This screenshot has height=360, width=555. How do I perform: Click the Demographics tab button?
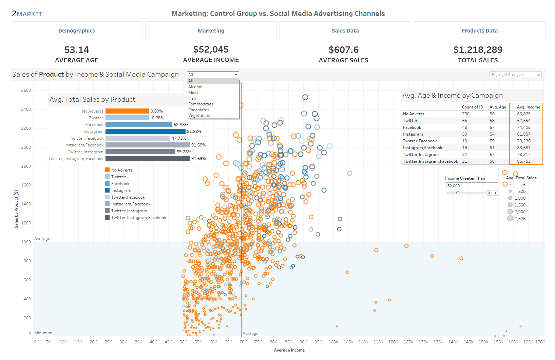click(77, 31)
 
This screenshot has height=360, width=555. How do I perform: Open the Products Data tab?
click(479, 31)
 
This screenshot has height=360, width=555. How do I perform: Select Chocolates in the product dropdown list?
click(199, 110)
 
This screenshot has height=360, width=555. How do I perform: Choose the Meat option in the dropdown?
click(193, 93)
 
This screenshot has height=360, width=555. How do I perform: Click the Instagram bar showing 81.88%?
click(145, 132)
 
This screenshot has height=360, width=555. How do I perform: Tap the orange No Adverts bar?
click(127, 111)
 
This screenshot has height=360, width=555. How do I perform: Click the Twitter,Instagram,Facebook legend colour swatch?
click(107, 218)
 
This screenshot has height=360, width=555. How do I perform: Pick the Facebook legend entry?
click(120, 184)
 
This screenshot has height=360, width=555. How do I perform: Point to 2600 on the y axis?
click(26, 91)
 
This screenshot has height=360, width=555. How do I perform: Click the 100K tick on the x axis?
click(333, 342)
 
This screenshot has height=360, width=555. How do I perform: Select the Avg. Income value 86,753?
click(524, 161)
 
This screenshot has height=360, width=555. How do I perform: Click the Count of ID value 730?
click(466, 114)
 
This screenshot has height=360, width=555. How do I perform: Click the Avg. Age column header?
click(498, 107)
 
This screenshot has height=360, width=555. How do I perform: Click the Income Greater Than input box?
click(472, 186)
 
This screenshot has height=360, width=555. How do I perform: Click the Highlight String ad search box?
click(513, 75)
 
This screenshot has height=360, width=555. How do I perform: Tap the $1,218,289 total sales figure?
click(478, 50)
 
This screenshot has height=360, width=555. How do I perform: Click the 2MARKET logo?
click(27, 14)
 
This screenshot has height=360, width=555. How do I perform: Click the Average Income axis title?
click(289, 350)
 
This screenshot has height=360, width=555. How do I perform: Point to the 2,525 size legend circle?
click(510, 218)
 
